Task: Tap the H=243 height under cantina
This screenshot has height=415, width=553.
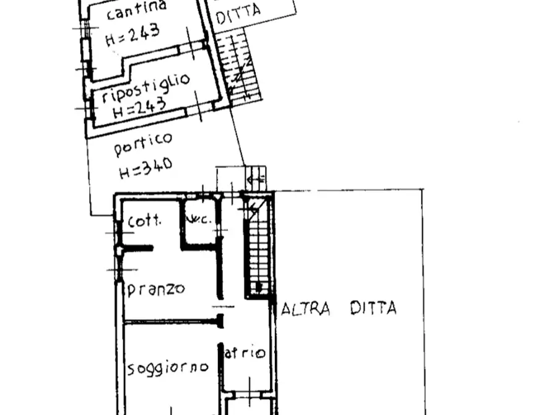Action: pyautogui.click(x=133, y=34)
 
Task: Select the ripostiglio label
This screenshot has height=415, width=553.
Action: pyautogui.click(x=146, y=90)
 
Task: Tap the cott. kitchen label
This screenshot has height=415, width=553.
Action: pyautogui.click(x=144, y=220)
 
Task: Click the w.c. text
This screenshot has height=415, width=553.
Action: pyautogui.click(x=201, y=219)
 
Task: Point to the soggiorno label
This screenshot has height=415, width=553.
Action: pyautogui.click(x=167, y=368)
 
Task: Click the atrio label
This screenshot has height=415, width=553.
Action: pyautogui.click(x=245, y=354)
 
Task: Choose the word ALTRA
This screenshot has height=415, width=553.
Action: pyautogui.click(x=305, y=308)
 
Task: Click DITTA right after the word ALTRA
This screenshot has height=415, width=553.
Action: pyautogui.click(x=373, y=308)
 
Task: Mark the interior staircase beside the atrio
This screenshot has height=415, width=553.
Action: pyautogui.click(x=258, y=248)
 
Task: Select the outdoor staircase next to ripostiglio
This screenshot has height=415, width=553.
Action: pyautogui.click(x=238, y=68)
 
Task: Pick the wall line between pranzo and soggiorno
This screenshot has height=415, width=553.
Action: pyautogui.click(x=170, y=321)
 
